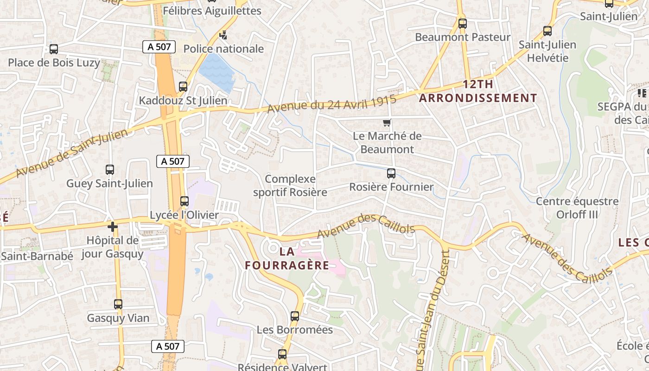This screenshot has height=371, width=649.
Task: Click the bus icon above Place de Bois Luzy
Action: (x=54, y=49)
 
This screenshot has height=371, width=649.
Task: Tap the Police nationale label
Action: (x=223, y=49)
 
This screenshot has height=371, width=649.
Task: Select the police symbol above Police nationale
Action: (x=223, y=35)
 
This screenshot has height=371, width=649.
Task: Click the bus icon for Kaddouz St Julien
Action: (x=183, y=87)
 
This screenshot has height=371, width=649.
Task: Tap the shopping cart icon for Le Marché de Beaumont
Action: (x=387, y=123)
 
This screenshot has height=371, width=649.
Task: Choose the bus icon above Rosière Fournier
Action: (x=391, y=173)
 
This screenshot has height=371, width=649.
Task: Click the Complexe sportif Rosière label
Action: (x=290, y=185)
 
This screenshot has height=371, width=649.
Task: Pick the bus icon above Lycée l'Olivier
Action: (x=185, y=201)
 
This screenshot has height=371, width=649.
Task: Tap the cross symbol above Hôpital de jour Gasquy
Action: (x=112, y=227)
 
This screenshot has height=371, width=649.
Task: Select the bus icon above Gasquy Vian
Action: (x=118, y=304)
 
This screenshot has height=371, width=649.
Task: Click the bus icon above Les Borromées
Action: (x=295, y=316)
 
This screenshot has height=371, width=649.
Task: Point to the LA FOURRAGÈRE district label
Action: (x=287, y=259)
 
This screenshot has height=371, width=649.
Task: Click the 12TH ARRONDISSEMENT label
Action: (x=478, y=91)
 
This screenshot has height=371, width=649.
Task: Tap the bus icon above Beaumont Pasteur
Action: (x=462, y=23)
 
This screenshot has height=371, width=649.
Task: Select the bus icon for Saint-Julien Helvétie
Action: (x=547, y=31)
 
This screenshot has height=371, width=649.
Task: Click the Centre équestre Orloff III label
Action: (x=577, y=208)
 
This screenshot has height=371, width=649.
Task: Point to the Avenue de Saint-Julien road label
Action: (x=72, y=154)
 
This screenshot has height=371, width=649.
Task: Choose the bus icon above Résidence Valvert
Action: (x=282, y=354)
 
